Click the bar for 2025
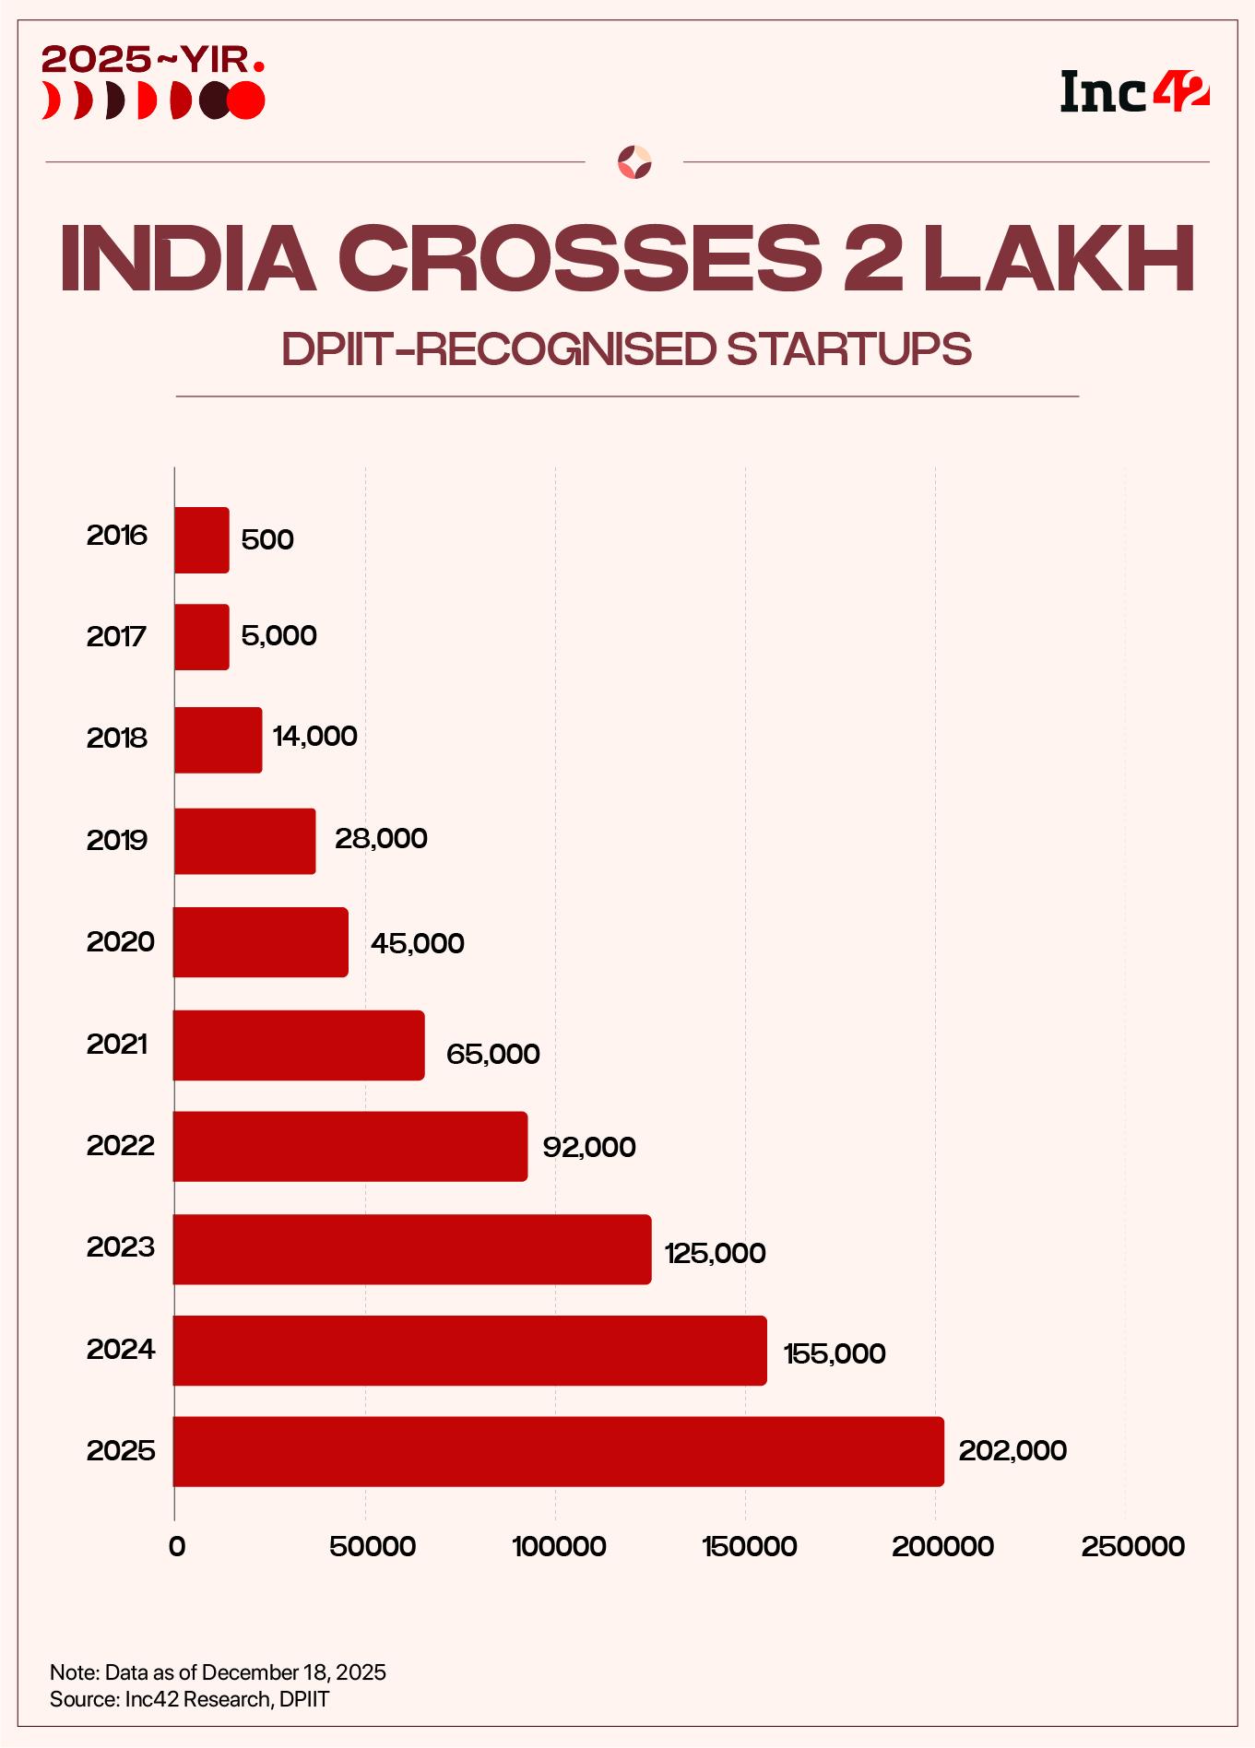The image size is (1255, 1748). pos(558,1451)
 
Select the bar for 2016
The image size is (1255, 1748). pos(202,540)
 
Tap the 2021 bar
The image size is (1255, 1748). pos(299,1045)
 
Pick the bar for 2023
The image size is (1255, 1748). pos(412,1249)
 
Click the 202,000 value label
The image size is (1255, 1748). pos(1012,1450)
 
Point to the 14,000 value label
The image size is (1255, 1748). pos(314,736)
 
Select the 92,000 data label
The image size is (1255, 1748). pos(589,1147)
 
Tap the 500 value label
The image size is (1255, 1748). pos(267,539)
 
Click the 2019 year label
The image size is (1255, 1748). pos(117,840)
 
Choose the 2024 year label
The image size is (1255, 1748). pos(121,1350)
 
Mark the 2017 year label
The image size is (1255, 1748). pos(117,636)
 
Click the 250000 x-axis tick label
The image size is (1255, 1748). pos(1133,1546)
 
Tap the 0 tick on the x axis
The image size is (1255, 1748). pos(176,1546)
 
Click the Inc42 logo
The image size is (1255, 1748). pos(1134,92)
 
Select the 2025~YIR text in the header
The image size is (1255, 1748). pos(153,61)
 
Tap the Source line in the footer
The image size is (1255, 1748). pos(189,1699)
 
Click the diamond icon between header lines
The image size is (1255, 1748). pos(634,162)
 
